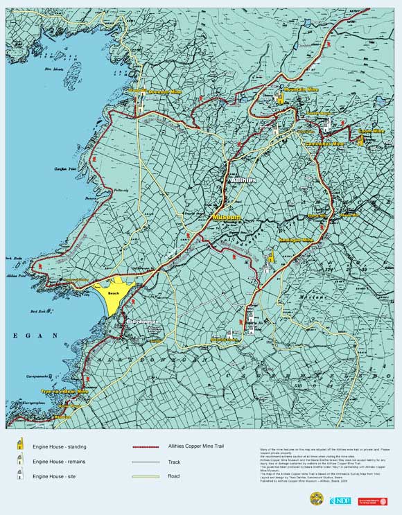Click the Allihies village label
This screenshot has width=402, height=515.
[243, 180]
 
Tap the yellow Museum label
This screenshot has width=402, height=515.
[227, 217]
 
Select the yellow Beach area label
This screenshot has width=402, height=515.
[114, 293]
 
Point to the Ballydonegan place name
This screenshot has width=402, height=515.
[143, 322]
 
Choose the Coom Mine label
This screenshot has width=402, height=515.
[371, 131]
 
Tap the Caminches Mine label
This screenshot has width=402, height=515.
[324, 143]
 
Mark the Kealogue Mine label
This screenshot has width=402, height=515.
[295, 240]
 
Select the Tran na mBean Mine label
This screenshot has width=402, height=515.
[65, 392]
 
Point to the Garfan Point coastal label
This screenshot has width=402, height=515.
[64, 168]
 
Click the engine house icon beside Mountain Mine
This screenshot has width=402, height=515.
[280, 98]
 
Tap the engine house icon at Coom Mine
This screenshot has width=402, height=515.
[360, 140]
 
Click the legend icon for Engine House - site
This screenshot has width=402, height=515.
[21, 474]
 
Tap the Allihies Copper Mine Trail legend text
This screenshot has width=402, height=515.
[196, 446]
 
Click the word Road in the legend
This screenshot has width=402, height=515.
[175, 476]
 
